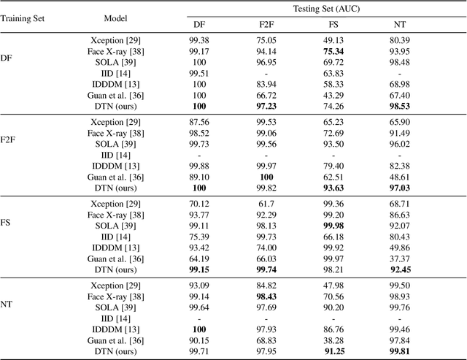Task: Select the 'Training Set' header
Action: click(22, 18)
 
